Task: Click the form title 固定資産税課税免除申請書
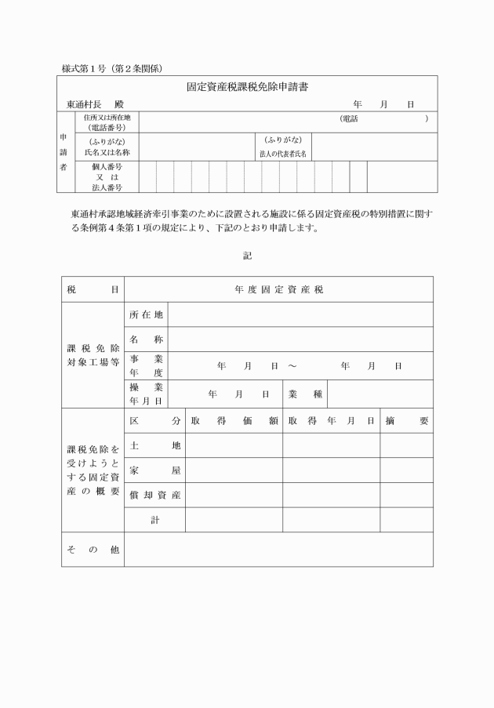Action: coord(246,87)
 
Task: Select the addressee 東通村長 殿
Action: coord(96,104)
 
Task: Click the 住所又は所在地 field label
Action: coord(107,118)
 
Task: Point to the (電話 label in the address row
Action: coord(348,118)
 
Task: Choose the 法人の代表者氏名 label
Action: coord(283,154)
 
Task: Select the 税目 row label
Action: coord(93,289)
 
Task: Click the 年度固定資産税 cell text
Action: coord(279,289)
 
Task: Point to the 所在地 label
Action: coord(147,314)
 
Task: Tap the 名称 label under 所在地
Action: coord(147,339)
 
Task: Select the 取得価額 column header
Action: coord(234,420)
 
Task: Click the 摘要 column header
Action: coord(407,420)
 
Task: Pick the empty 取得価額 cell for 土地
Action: coord(234,445)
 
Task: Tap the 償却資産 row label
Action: coord(155,495)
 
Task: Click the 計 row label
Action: coord(155,520)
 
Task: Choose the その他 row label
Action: coord(93,550)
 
